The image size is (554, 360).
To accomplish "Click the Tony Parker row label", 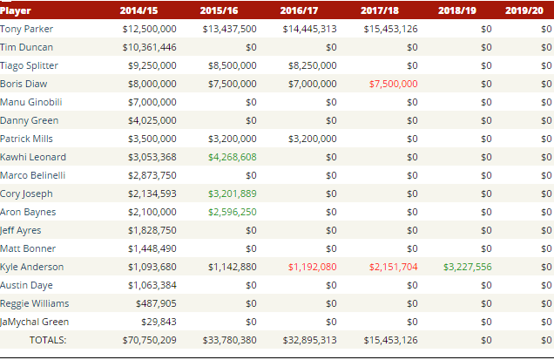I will click(27, 29).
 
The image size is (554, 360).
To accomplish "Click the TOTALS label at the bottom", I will click(48, 340).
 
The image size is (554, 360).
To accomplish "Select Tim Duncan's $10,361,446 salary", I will click(149, 47).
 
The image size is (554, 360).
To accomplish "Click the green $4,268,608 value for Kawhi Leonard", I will click(232, 157).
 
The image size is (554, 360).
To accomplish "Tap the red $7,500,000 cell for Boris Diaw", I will click(393, 84).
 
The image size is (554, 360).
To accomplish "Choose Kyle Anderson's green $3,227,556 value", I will click(467, 267).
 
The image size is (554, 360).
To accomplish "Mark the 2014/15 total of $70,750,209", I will click(149, 340).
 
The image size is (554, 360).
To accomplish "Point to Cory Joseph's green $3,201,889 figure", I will click(232, 194).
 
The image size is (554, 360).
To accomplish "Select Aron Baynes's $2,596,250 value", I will click(232, 212).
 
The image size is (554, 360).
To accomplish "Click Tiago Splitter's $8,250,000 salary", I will click(312, 65).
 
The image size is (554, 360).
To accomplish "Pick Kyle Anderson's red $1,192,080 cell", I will click(312, 267).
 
